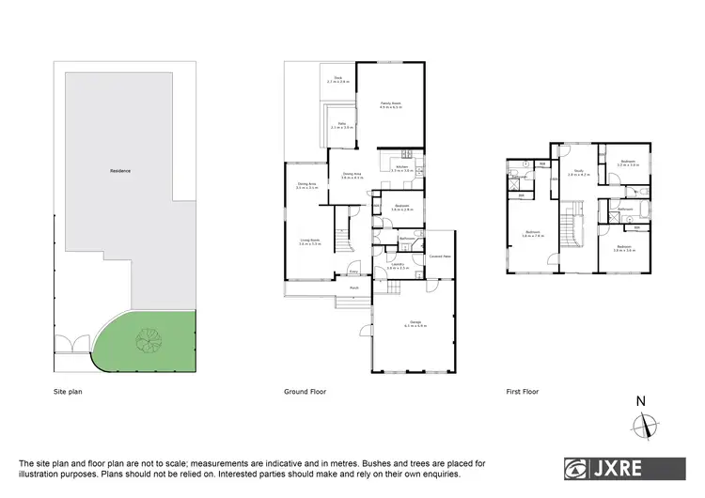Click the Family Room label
(390, 104)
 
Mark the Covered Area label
(441, 256)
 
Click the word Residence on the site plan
(119, 171)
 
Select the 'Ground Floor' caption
(305, 390)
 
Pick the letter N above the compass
(641, 402)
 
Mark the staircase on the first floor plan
(569, 229)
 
